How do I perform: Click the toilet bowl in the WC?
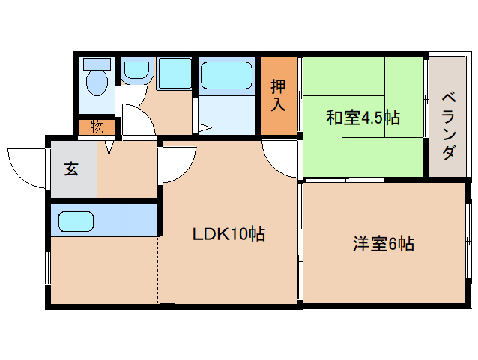[97, 82]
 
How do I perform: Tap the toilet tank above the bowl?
[97, 64]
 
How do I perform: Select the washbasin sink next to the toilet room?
[136, 70]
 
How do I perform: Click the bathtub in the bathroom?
[226, 75]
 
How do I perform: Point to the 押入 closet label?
[278, 95]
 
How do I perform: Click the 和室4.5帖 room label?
[363, 117]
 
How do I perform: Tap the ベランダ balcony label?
[449, 127]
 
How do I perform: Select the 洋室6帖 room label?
[384, 244]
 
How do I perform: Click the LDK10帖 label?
[229, 234]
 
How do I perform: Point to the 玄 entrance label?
[71, 169]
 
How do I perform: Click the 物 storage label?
[97, 127]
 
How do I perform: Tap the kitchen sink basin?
[76, 221]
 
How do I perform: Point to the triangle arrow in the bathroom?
[205, 127]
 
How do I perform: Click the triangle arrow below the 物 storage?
[109, 147]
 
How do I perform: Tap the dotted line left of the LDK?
[160, 269]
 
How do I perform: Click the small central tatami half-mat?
[363, 116]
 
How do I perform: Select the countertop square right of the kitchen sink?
[139, 220]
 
